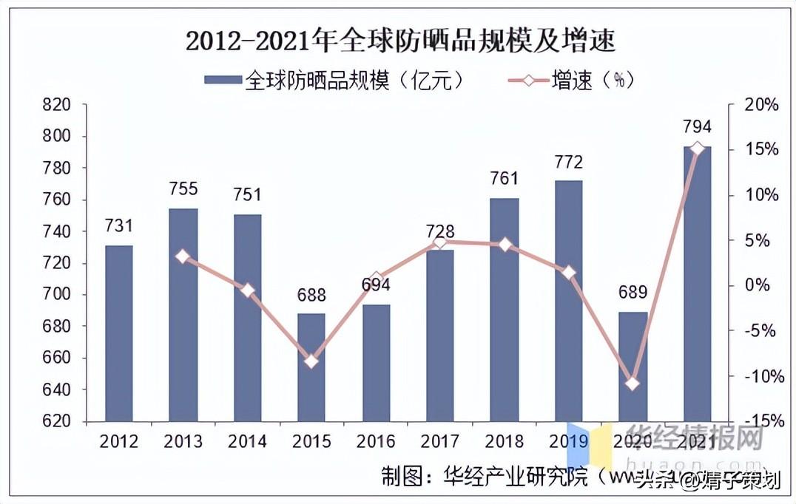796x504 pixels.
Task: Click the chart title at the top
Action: click(400, 41)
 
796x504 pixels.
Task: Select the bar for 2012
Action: click(118, 333)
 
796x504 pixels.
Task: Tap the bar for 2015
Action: click(311, 367)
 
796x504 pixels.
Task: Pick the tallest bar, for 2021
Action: click(697, 284)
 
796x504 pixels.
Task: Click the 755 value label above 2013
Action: click(183, 189)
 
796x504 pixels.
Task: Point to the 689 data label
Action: click(633, 293)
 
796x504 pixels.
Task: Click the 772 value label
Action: click(568, 162)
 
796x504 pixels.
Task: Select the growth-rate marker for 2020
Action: click(633, 384)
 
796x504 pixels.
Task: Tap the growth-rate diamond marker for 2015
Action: click(311, 361)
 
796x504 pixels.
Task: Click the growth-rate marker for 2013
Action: click(183, 256)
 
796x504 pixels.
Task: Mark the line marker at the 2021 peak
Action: click(697, 149)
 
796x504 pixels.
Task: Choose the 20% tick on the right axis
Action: click(760, 105)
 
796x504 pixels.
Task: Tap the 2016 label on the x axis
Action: click(376, 442)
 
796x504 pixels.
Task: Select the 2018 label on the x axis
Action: click(505, 442)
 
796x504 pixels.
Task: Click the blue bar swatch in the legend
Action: click(222, 79)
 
